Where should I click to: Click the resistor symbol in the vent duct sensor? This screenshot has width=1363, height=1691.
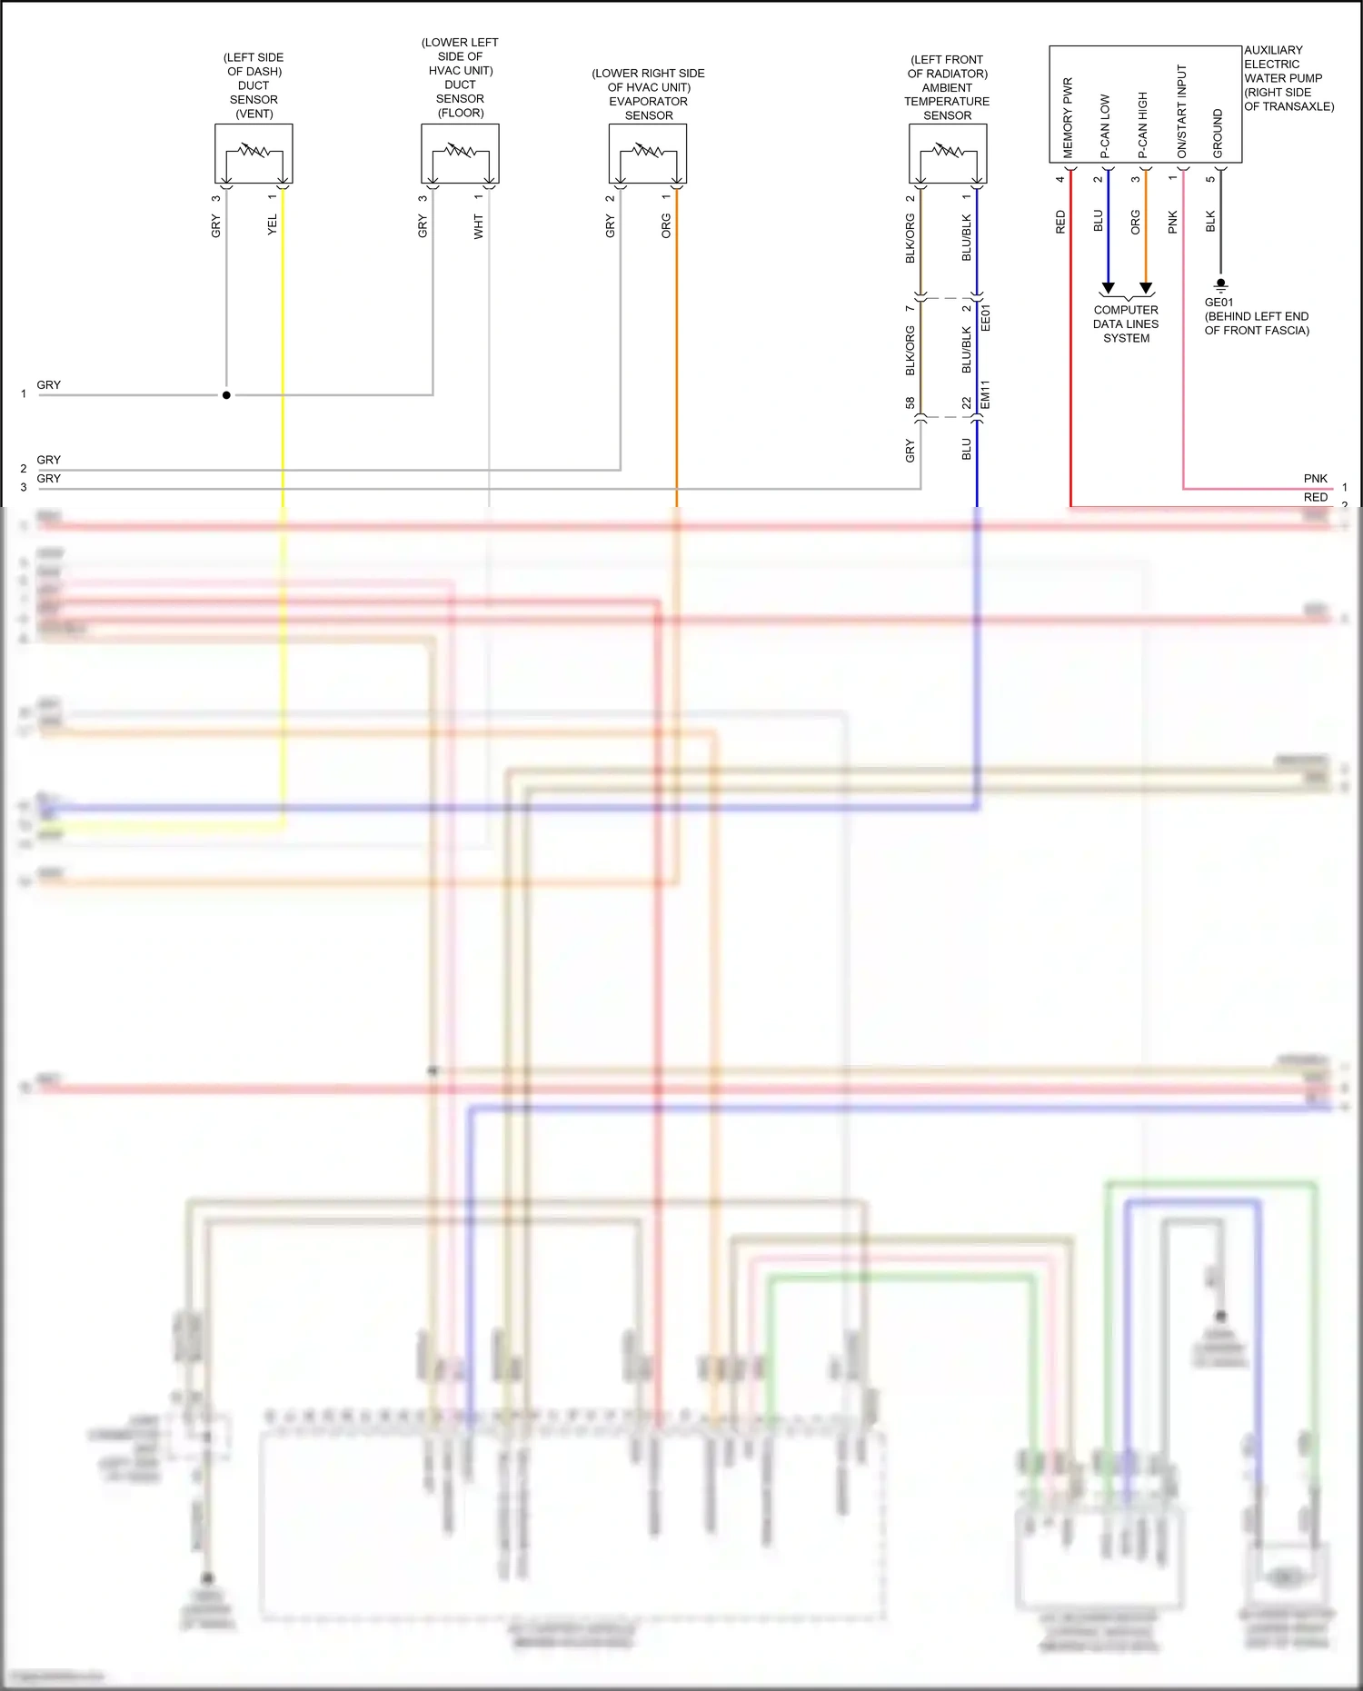[x=254, y=150]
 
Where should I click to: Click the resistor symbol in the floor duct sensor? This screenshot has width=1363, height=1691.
[x=460, y=150]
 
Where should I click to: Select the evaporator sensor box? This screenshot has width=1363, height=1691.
[x=647, y=154]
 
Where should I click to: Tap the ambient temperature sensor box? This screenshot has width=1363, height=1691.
[x=948, y=154]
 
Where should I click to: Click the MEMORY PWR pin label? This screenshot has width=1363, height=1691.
[x=1068, y=118]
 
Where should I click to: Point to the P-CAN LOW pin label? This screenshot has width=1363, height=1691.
[x=1105, y=126]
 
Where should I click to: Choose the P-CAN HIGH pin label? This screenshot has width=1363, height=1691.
[x=1142, y=125]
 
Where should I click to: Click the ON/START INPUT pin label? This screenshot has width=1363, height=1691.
[x=1181, y=111]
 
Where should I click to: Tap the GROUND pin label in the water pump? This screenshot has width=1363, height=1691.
[x=1218, y=134]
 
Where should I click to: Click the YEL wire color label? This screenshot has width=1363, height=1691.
[x=272, y=225]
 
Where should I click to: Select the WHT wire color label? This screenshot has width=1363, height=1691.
[x=478, y=227]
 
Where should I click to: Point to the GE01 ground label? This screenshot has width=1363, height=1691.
[x=1219, y=303]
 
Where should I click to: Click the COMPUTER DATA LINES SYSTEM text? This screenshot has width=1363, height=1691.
[x=1126, y=323]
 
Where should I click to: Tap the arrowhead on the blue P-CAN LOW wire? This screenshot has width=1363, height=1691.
[x=1108, y=288]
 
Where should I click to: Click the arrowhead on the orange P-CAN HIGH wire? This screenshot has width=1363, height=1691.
[x=1146, y=288]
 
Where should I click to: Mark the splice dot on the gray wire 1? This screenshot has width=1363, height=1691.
[x=226, y=395]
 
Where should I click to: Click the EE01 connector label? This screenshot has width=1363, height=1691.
[x=986, y=317]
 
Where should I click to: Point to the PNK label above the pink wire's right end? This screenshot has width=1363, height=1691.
[x=1315, y=478]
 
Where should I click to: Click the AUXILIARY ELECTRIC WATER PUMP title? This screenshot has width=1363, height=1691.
[x=1288, y=78]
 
